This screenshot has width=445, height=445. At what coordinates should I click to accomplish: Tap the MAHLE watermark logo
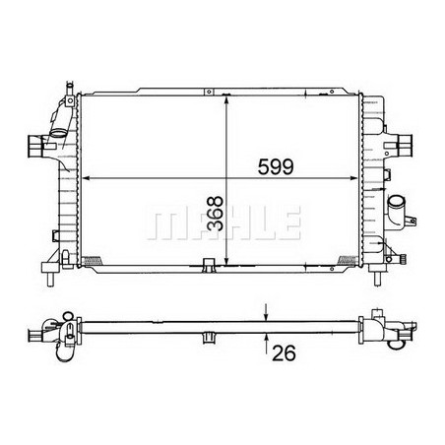coord(222,222)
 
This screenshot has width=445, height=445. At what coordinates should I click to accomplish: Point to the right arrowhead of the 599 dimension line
coord(355,179)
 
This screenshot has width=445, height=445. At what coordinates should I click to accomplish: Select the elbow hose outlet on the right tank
coord(399,210)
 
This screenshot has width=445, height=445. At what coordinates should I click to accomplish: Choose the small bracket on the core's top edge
coord(209,93)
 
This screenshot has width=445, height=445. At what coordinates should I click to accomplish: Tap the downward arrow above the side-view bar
coord(266,312)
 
